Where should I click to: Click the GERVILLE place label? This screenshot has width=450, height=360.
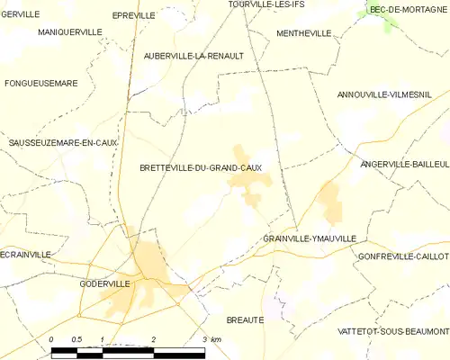(20, 14)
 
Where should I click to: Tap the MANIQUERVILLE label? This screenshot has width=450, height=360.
(70, 31)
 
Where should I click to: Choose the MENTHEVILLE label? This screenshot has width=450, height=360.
(303, 33)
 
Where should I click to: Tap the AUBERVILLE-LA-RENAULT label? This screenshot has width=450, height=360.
(193, 55)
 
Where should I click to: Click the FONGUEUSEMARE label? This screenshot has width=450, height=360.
(41, 83)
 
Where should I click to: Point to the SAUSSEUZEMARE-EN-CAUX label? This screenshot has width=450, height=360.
(63, 142)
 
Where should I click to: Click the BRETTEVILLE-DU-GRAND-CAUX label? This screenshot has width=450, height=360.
(201, 167)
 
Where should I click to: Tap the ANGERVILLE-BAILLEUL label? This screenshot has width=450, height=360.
(404, 165)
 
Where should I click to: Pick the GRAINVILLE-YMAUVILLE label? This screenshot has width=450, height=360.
(310, 238)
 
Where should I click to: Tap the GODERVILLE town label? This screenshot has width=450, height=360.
(104, 283)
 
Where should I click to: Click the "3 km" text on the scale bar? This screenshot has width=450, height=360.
(212, 338)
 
